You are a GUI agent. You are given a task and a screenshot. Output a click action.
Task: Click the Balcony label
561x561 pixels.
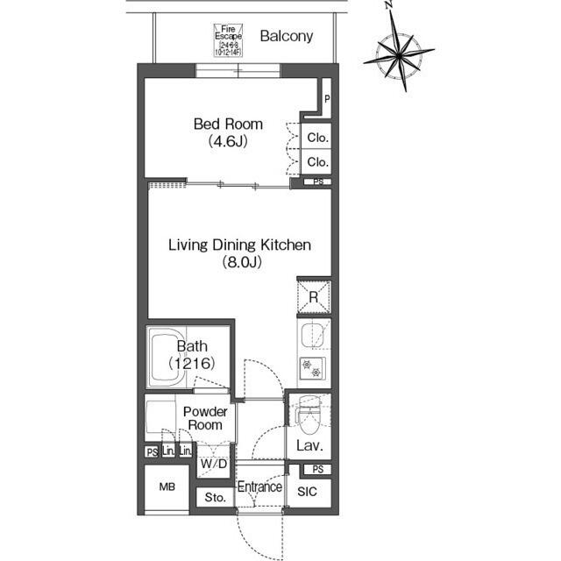(286, 37)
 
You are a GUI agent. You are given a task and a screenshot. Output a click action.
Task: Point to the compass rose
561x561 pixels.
(402, 55)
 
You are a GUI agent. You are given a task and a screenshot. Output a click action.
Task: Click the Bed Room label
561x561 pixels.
(228, 131)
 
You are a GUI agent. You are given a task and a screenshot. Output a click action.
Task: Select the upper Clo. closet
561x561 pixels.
(317, 138)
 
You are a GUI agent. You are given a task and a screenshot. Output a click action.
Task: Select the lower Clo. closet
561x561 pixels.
(317, 162)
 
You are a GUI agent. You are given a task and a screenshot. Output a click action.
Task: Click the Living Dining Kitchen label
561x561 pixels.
(239, 252)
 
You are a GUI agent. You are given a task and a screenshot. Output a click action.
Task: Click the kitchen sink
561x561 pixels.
(312, 336)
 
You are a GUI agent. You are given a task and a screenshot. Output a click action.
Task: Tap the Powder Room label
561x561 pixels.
(206, 418)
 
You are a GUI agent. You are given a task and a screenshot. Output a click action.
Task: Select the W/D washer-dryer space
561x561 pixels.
(213, 463)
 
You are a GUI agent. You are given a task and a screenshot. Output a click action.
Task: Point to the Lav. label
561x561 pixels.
(309, 446)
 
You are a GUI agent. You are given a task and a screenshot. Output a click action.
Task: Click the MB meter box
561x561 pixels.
(167, 486)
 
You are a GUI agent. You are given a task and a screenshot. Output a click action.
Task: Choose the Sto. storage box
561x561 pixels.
(215, 497)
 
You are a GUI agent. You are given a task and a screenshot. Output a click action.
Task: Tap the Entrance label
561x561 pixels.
(259, 487)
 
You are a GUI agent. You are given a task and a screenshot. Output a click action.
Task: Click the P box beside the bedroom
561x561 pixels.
(326, 99)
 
